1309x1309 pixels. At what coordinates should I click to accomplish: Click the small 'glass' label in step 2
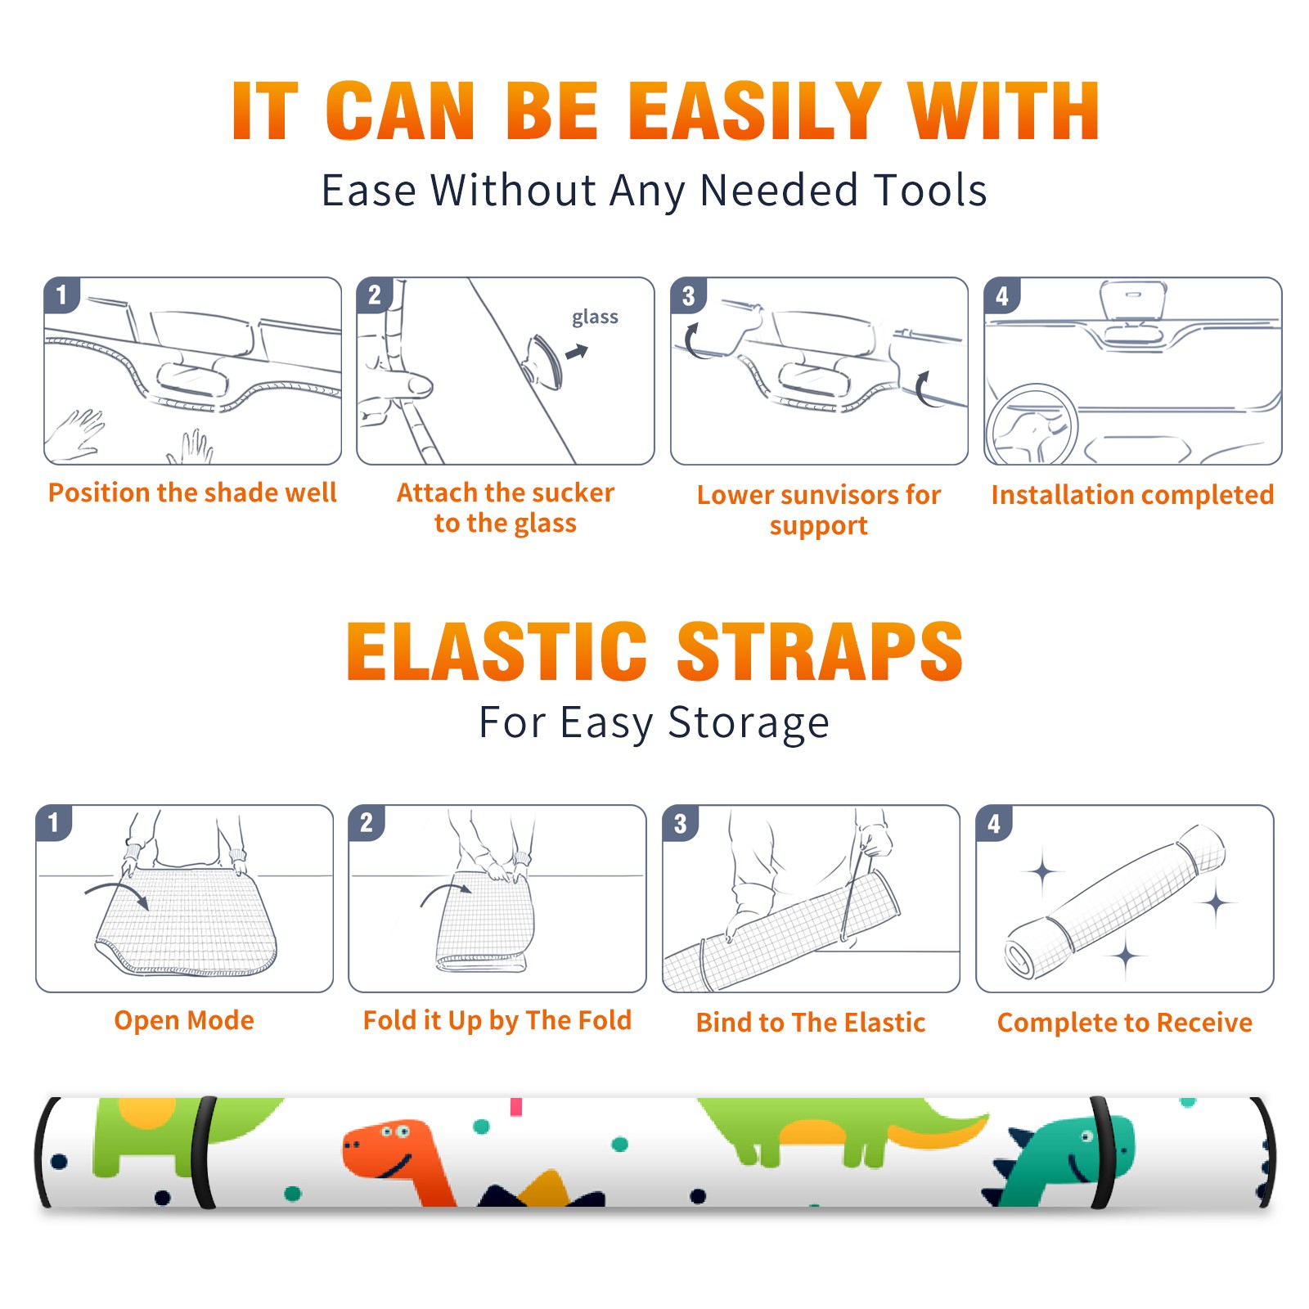(x=595, y=317)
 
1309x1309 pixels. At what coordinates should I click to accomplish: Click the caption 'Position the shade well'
(x=192, y=493)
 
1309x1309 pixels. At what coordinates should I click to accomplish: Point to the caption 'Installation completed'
(x=1132, y=495)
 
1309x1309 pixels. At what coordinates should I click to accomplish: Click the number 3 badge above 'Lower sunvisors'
(x=688, y=295)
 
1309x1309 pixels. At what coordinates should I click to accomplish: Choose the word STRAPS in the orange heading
(x=820, y=651)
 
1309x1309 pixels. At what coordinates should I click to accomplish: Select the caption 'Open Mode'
(x=184, y=1020)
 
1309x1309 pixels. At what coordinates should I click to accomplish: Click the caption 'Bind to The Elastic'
(x=811, y=1023)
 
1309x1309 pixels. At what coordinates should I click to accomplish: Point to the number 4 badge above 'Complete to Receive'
(x=994, y=823)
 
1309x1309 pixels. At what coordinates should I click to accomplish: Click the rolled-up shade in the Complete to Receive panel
(x=1116, y=902)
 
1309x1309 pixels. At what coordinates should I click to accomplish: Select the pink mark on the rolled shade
(x=516, y=1107)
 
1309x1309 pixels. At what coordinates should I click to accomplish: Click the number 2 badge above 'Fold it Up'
(x=366, y=822)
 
